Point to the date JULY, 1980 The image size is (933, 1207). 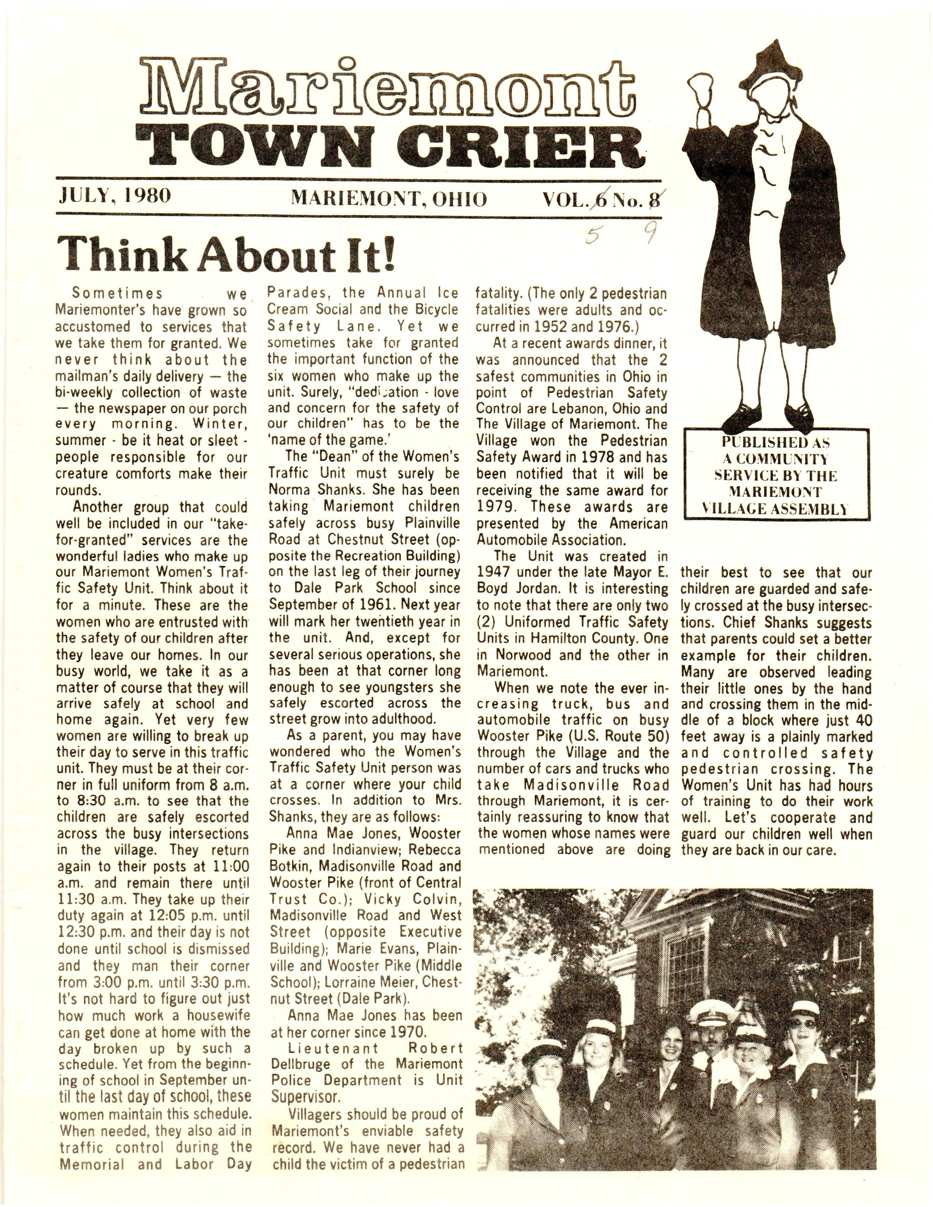pos(115,196)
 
